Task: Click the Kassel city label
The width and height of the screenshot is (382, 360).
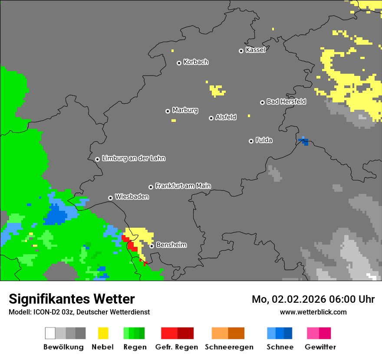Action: pyautogui.click(x=255, y=50)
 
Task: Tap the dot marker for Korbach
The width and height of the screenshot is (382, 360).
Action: pyautogui.click(x=179, y=63)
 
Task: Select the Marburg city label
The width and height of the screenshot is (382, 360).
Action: pyautogui.click(x=185, y=110)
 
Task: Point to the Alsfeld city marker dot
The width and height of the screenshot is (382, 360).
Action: pyautogui.click(x=211, y=118)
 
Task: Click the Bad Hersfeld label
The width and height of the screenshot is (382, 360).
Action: pyautogui.click(x=286, y=101)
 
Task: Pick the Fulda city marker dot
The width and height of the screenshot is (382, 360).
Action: pyautogui.click(x=251, y=141)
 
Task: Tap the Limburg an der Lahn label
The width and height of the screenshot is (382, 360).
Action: pyautogui.click(x=133, y=158)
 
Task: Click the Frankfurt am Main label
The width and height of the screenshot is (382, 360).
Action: pyautogui.click(x=183, y=186)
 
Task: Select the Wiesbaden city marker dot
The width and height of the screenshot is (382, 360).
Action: pyautogui.click(x=110, y=198)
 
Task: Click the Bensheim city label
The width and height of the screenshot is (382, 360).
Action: pyautogui.click(x=171, y=245)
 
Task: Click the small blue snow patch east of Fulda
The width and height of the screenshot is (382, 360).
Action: pyautogui.click(x=304, y=141)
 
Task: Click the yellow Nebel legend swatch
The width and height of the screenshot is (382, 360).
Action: pyautogui.click(x=103, y=333)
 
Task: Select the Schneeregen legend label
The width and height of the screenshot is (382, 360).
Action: pyautogui.click(x=229, y=347)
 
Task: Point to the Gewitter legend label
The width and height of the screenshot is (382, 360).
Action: pyautogui.click(x=320, y=347)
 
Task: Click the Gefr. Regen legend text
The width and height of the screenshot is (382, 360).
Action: pyautogui.click(x=177, y=347)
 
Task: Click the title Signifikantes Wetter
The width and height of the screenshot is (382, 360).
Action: pyautogui.click(x=72, y=299)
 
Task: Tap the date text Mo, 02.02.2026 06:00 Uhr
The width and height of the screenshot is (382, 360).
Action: pyautogui.click(x=313, y=299)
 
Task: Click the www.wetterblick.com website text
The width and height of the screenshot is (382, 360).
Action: pyautogui.click(x=313, y=312)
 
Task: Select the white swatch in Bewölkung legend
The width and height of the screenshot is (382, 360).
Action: pyautogui.click(x=50, y=333)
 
